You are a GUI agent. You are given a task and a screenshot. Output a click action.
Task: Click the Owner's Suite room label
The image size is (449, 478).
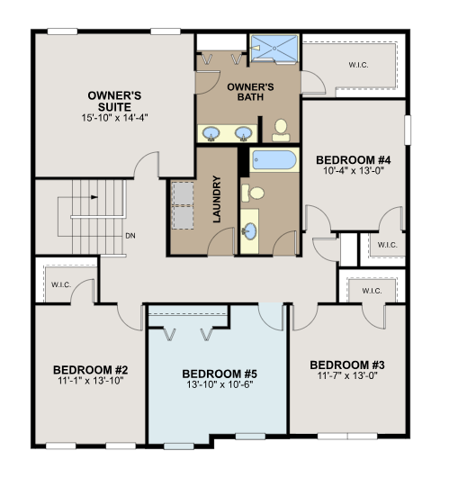tap(114, 101)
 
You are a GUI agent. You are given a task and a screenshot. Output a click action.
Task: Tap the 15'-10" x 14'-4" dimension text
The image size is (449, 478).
tap(114, 118)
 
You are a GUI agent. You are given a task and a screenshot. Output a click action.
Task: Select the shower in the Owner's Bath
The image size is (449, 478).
tap(274, 49)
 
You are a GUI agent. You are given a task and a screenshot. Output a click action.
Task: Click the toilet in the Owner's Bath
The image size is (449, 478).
tap(281, 131)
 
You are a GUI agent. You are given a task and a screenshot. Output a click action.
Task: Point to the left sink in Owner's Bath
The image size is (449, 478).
tap(211, 133)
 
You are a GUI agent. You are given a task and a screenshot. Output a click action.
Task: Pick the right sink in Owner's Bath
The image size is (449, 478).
tap(243, 133)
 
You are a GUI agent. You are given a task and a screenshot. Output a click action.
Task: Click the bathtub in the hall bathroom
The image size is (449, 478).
tap(274, 159)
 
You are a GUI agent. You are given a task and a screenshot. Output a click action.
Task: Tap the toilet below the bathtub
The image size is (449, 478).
tap(253, 193)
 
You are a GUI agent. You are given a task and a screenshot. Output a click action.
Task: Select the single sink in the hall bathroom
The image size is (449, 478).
tap(249, 231)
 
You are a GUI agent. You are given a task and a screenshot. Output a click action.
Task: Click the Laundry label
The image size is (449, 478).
tap(217, 199)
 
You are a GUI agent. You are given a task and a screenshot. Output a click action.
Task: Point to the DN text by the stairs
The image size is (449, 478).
tap(130, 236)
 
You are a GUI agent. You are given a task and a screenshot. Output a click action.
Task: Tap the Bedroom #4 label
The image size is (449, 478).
tap(354, 159)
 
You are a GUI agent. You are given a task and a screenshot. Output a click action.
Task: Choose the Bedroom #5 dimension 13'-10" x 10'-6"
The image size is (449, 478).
tap(220, 384)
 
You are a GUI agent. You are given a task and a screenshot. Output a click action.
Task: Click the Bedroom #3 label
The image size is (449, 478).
tap(347, 365)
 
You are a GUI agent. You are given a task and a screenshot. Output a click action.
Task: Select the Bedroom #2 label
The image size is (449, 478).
tap(91, 370)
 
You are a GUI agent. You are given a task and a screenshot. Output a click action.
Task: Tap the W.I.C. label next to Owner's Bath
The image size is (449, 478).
tap(358, 65)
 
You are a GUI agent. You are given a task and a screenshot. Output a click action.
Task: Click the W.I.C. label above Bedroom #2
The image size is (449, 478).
tap(61, 284)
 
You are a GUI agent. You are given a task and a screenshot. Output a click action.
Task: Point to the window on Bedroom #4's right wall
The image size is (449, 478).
tap(408, 130)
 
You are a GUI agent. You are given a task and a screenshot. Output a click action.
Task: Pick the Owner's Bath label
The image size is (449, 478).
tap(250, 92)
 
